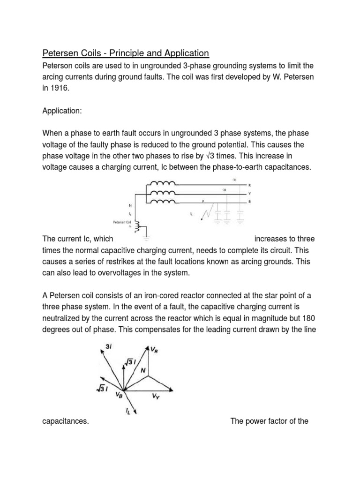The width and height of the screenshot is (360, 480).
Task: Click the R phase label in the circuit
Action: [x=249, y=185]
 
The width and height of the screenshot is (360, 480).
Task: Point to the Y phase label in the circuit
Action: [x=249, y=193]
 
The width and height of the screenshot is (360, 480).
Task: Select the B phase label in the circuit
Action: [x=249, y=202]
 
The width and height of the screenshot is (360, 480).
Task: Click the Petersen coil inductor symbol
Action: [x=137, y=226]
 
